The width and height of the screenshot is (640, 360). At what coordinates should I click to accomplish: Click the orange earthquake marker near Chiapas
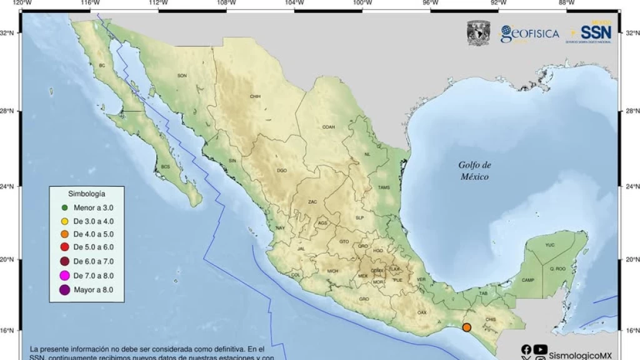[x=466, y=327]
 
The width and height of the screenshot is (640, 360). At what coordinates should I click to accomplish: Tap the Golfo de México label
[x=475, y=171]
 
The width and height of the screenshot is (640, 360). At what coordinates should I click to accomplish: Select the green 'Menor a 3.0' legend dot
[x=65, y=207]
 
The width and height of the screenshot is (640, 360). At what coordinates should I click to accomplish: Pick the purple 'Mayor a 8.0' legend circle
[x=65, y=290]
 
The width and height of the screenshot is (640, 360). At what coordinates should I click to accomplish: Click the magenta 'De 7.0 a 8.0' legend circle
[x=65, y=276]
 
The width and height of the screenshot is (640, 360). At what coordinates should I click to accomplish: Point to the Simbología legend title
[x=86, y=194]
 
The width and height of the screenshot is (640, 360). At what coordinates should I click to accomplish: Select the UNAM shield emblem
[x=478, y=33]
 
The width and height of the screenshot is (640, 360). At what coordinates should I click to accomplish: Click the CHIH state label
[x=255, y=97]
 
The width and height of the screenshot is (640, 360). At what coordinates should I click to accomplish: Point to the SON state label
[x=182, y=76]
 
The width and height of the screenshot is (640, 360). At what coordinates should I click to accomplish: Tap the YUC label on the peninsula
[x=550, y=245]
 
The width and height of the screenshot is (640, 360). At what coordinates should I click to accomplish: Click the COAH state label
[x=329, y=127]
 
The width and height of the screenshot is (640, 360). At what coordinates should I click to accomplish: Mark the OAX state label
[x=422, y=312]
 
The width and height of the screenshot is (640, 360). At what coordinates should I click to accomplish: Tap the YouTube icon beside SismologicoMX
[x=541, y=350]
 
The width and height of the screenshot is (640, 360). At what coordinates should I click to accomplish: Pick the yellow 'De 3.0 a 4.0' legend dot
[x=65, y=221]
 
